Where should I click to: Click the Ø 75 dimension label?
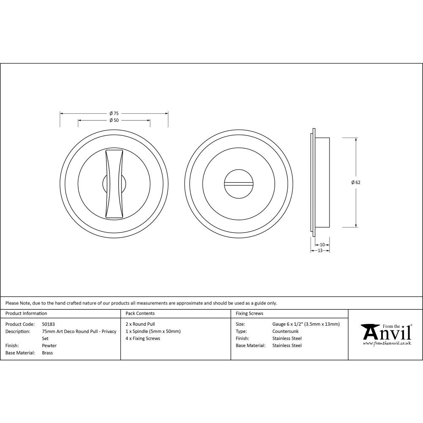(x=114, y=113)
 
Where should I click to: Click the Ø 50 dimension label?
(x=114, y=120)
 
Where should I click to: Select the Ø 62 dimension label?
(x=356, y=182)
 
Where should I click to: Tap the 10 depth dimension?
(x=322, y=244)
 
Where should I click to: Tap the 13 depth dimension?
(x=320, y=250)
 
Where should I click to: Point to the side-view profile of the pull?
(x=321, y=182)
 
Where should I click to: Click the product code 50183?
(x=49, y=324)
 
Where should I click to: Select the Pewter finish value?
(x=49, y=346)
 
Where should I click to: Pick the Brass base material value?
(x=47, y=353)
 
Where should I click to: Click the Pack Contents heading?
(x=140, y=313)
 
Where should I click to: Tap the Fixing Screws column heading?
(x=249, y=313)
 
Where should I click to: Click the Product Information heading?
(x=26, y=313)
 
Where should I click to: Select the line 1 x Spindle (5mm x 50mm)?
(x=153, y=331)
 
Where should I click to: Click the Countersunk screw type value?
(x=286, y=331)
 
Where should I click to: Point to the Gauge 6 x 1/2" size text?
(x=306, y=324)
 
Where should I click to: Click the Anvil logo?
(x=386, y=332)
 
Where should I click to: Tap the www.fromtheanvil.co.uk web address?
(x=387, y=343)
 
